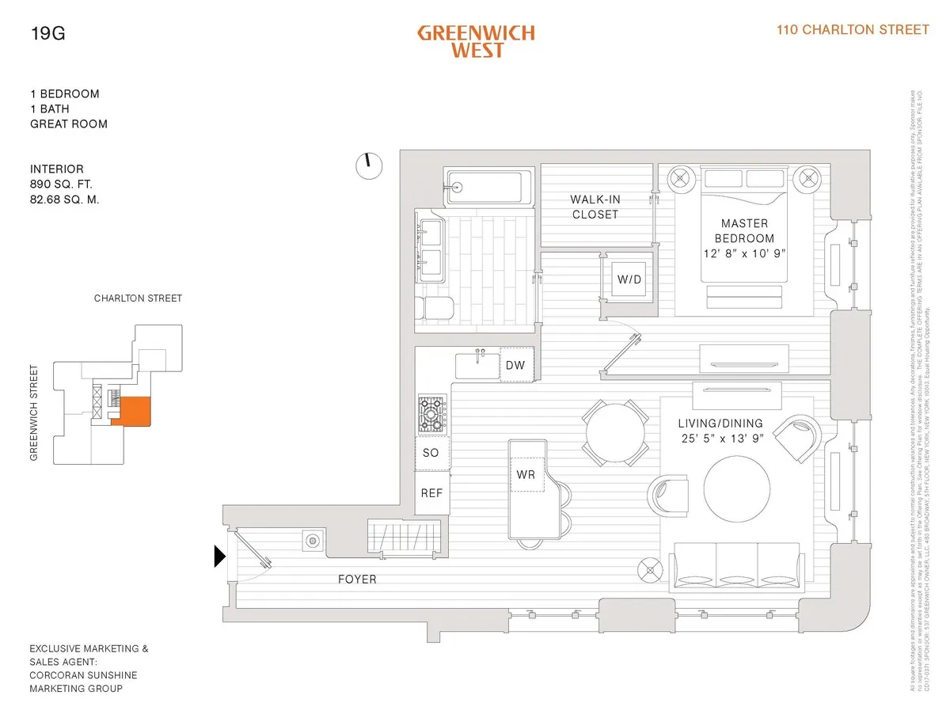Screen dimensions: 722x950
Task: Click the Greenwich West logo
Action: [476, 41]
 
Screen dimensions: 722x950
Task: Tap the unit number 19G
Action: [46, 33]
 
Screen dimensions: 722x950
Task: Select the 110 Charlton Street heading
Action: [852, 29]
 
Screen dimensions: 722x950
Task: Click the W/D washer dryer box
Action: [629, 279]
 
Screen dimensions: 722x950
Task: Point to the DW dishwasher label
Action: [515, 365]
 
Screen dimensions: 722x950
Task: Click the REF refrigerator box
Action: [431, 492]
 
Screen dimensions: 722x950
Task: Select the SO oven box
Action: [431, 453]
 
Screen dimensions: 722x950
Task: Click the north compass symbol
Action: [367, 164]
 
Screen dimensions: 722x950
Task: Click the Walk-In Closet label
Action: [595, 207]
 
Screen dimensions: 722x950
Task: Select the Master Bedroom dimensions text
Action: [744, 253]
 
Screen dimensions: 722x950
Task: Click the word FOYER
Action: [356, 579]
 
